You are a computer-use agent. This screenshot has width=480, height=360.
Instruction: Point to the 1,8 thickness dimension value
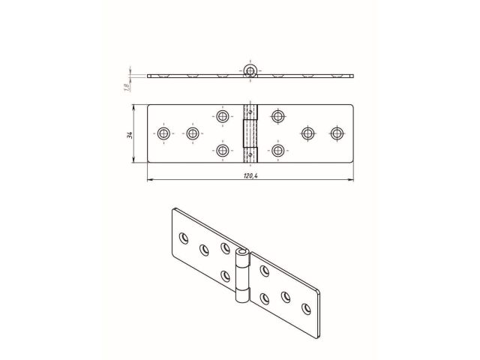(127, 88)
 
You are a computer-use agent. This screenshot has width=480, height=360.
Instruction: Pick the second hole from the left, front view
(193, 133)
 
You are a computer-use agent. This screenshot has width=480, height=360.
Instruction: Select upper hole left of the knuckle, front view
(222, 116)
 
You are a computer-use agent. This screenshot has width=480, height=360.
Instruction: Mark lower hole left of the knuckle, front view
(222, 151)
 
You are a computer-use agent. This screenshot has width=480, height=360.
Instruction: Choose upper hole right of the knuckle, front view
(278, 116)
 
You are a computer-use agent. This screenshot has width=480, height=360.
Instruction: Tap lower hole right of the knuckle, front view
(278, 151)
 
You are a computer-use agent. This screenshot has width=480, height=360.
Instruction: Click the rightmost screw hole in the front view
(337, 133)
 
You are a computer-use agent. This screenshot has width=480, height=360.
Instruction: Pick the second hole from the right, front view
(307, 133)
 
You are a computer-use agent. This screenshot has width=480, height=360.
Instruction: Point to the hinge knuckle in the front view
(250, 133)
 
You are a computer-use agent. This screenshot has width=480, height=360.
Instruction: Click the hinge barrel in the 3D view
(241, 274)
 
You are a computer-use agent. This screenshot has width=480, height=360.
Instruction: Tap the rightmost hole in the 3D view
(307, 307)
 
